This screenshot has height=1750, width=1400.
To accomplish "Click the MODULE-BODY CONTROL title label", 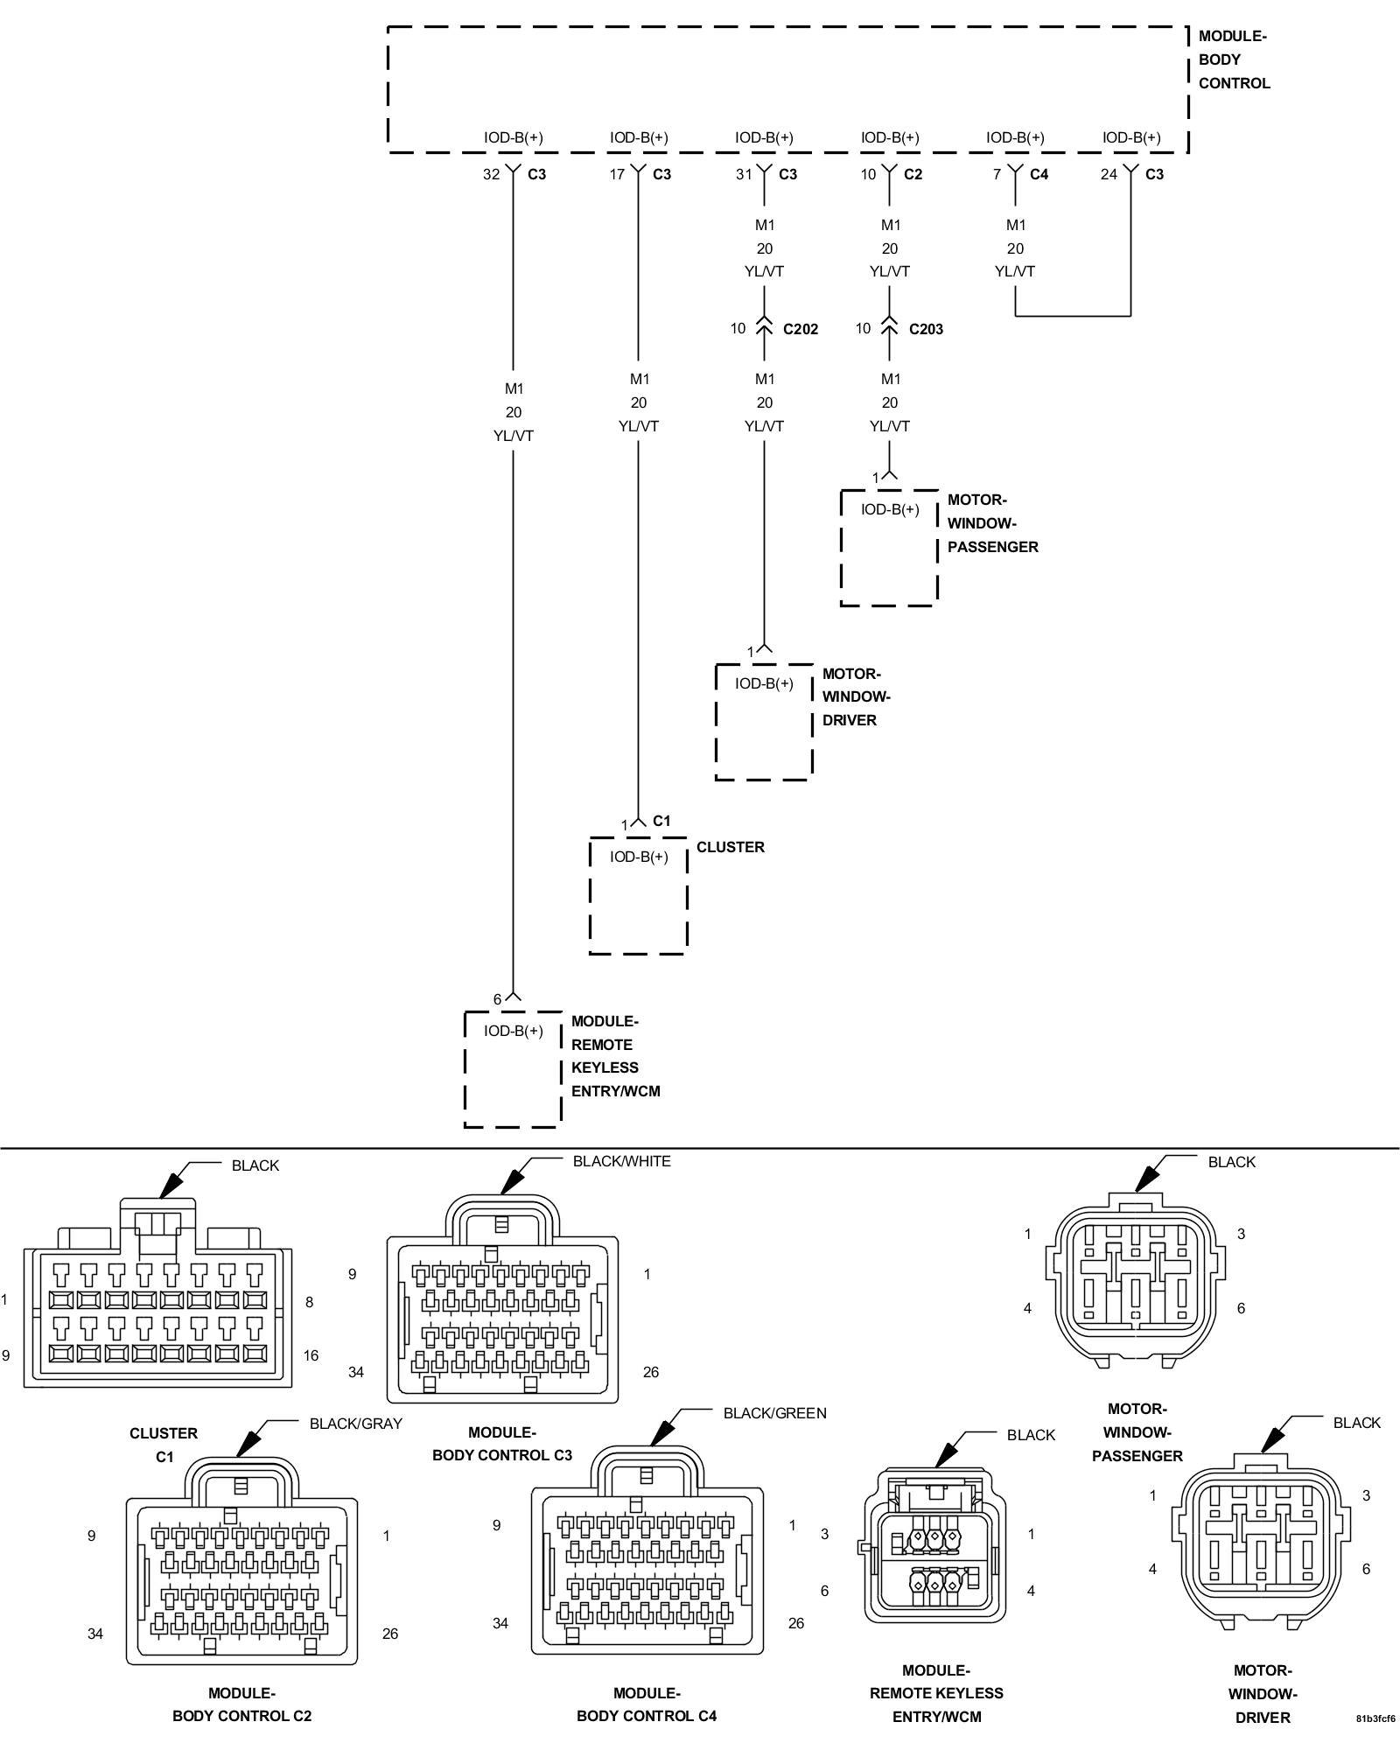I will pyautogui.click(x=1233, y=59).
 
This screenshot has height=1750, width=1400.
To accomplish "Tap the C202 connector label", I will pyautogui.click(x=801, y=329).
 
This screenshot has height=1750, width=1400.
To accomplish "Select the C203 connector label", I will pyautogui.click(x=926, y=329).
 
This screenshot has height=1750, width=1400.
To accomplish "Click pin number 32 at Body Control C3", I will pyautogui.click(x=492, y=174).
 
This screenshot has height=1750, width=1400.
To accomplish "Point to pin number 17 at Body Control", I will pyautogui.click(x=618, y=174).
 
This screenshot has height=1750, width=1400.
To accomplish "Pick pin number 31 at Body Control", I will pyautogui.click(x=744, y=174).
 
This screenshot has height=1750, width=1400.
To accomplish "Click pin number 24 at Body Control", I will pyautogui.click(x=1109, y=174).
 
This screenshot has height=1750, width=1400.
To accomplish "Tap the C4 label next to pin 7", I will pyautogui.click(x=1039, y=174).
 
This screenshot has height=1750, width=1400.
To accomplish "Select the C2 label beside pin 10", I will pyautogui.click(x=913, y=174).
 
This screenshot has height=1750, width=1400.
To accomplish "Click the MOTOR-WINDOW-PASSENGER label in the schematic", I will pyautogui.click(x=992, y=523).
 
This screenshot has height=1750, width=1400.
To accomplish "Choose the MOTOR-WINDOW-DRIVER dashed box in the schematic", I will pyautogui.click(x=764, y=722).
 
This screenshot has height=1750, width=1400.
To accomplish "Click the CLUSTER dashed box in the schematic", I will pyautogui.click(x=638, y=895).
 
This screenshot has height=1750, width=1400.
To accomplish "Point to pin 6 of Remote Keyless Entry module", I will pyautogui.click(x=497, y=999).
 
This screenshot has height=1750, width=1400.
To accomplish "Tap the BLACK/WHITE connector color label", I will pyautogui.click(x=621, y=1161).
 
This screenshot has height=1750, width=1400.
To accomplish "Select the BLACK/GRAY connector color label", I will pyautogui.click(x=355, y=1424).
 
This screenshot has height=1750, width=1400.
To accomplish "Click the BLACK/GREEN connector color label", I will pyautogui.click(x=774, y=1413).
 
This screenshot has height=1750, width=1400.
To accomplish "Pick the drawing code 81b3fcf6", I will pyautogui.click(x=1375, y=1718).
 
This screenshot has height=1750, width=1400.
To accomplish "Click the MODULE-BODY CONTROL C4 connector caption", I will pyautogui.click(x=647, y=1704).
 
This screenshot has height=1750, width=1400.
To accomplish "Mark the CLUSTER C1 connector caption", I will pyautogui.click(x=164, y=1445).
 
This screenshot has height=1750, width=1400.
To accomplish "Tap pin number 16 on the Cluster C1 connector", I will pyautogui.click(x=311, y=1355).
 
